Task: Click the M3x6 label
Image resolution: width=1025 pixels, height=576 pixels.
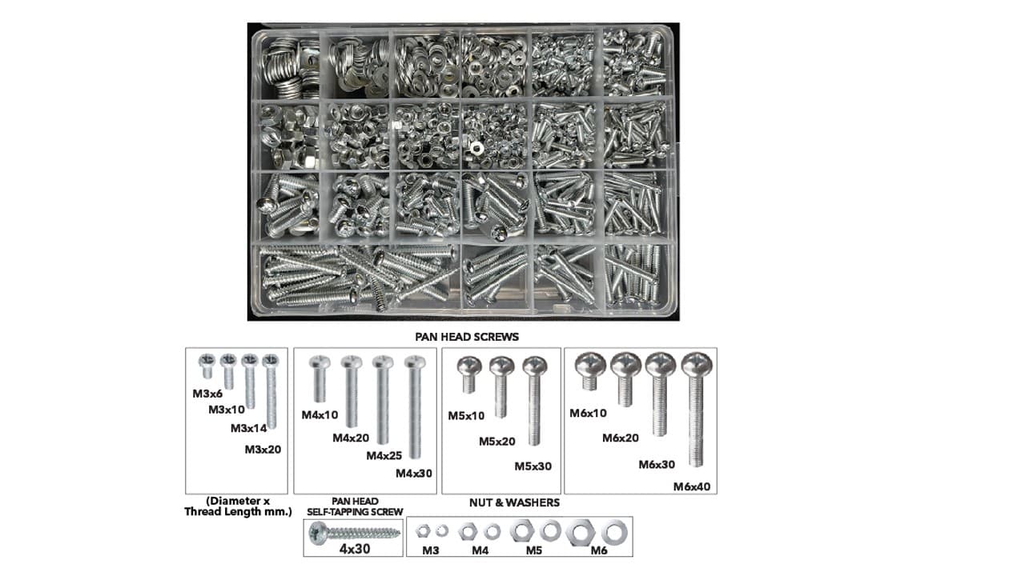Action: [x=207, y=394]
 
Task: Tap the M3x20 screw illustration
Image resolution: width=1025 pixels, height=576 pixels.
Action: [x=271, y=391]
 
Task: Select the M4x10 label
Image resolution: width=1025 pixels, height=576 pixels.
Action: [x=320, y=415]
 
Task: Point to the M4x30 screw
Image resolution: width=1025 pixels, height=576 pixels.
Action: [x=415, y=407]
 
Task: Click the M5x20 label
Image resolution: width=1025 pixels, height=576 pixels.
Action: [x=497, y=442]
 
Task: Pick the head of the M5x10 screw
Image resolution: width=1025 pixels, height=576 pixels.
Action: [x=469, y=366]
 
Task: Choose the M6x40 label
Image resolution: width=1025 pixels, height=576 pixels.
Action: [x=692, y=487]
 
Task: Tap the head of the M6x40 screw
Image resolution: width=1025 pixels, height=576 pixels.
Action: [x=697, y=365]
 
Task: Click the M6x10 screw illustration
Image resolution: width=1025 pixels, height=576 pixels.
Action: [x=590, y=370]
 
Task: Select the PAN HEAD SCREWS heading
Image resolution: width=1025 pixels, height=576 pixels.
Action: [x=467, y=337]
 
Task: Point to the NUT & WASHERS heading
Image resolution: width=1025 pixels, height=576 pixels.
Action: [x=514, y=503]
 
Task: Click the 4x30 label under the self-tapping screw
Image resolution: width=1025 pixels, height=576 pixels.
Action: [x=355, y=549]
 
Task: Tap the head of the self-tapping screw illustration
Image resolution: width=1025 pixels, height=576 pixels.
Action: [x=318, y=533]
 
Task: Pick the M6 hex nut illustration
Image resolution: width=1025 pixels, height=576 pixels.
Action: [x=581, y=533]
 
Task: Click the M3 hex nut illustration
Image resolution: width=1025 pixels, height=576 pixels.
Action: [x=423, y=531]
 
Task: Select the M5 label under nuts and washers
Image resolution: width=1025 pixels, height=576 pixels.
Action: [x=533, y=550]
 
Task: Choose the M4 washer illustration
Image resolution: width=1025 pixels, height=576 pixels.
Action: [x=492, y=532]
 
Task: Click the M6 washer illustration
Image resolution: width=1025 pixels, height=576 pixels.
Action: [x=614, y=533]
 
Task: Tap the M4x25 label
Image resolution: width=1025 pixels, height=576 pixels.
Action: [x=384, y=456]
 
